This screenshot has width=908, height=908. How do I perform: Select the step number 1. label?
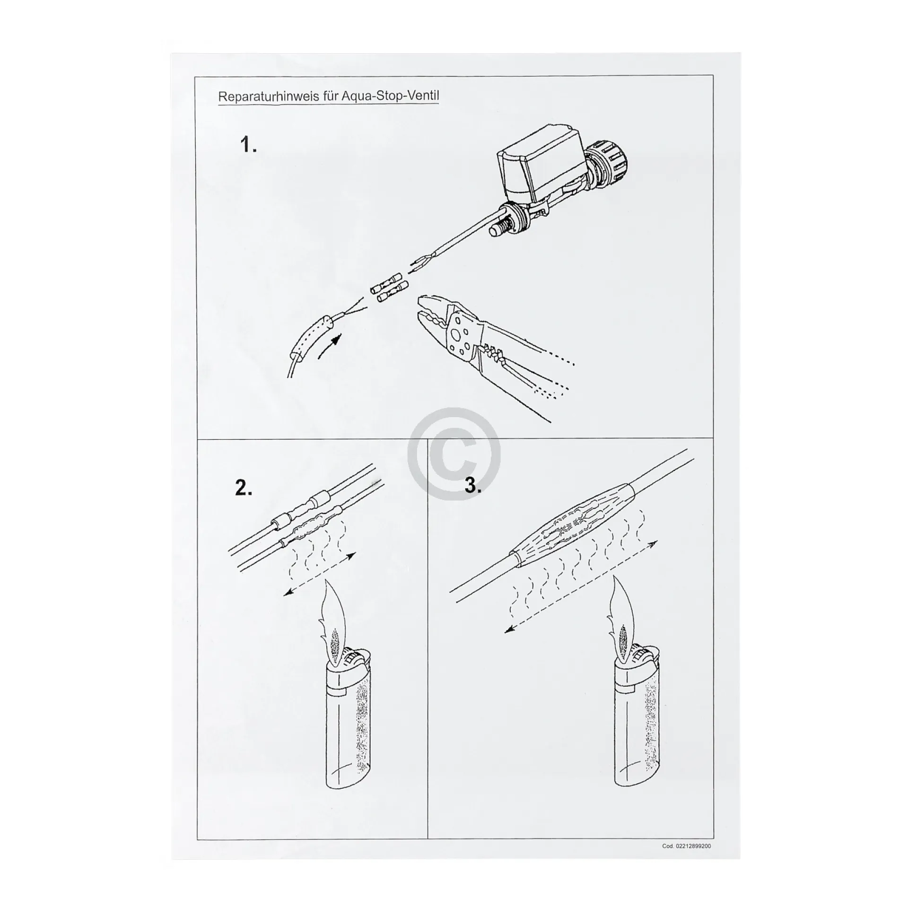249,145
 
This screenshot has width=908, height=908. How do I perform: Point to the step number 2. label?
244,488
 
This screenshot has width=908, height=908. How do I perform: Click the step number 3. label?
473,485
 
